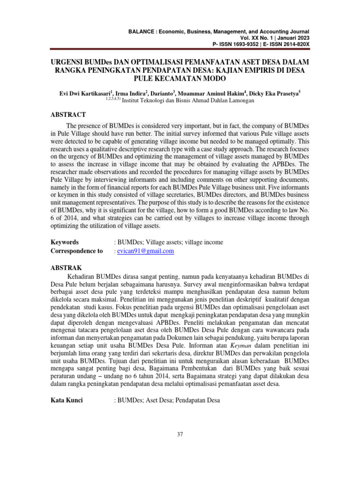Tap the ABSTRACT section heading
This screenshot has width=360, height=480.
[x=68, y=115]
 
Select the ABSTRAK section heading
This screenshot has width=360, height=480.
[x=66, y=268]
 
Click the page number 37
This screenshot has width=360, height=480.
[x=180, y=434]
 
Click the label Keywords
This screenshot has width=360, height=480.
[x=64, y=242]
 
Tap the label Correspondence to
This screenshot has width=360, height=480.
[x=76, y=251]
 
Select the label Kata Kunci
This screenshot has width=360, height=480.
[x=67, y=401]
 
